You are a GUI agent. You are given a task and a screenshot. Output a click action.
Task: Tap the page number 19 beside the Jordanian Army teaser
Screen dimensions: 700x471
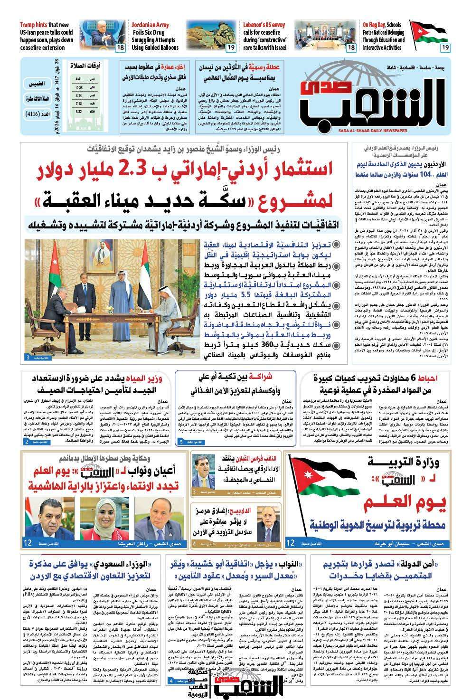click(x=231, y=47)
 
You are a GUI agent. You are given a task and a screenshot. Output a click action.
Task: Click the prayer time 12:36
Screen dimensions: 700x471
click(x=79, y=88)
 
